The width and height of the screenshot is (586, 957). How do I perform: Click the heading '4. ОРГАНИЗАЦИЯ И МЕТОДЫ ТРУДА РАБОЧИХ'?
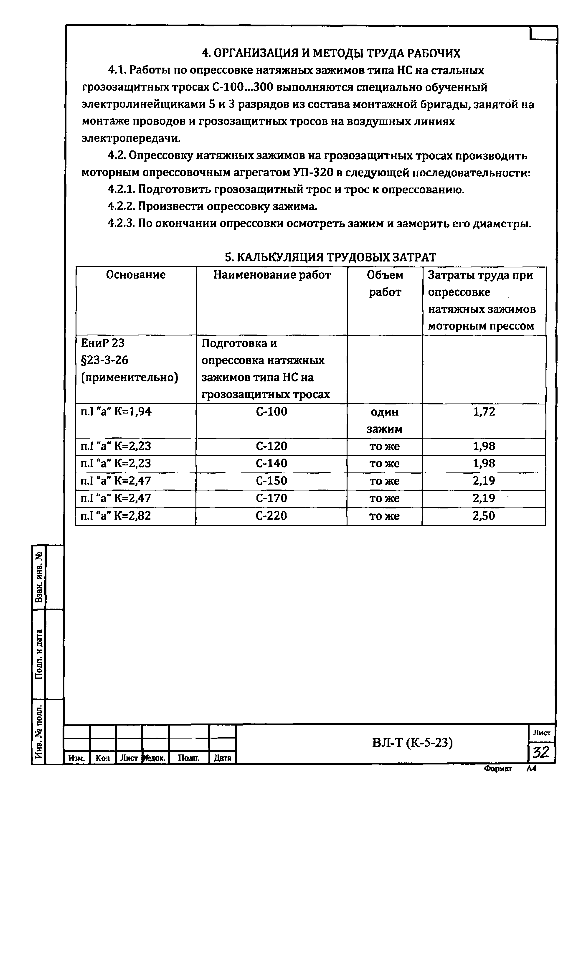click(x=331, y=53)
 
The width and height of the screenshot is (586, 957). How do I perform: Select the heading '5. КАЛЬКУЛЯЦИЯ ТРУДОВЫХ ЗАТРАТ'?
click(x=330, y=257)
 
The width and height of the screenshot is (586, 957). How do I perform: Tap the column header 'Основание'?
click(x=136, y=275)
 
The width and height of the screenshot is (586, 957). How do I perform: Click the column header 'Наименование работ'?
click(x=272, y=275)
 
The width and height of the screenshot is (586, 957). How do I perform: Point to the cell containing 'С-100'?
click(x=271, y=412)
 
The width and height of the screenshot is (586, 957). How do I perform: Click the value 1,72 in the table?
click(x=484, y=412)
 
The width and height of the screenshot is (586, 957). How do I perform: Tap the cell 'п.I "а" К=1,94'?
click(x=116, y=412)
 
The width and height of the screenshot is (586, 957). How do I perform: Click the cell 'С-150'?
click(x=271, y=481)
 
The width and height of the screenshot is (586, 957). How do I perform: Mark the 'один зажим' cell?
click(x=384, y=420)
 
